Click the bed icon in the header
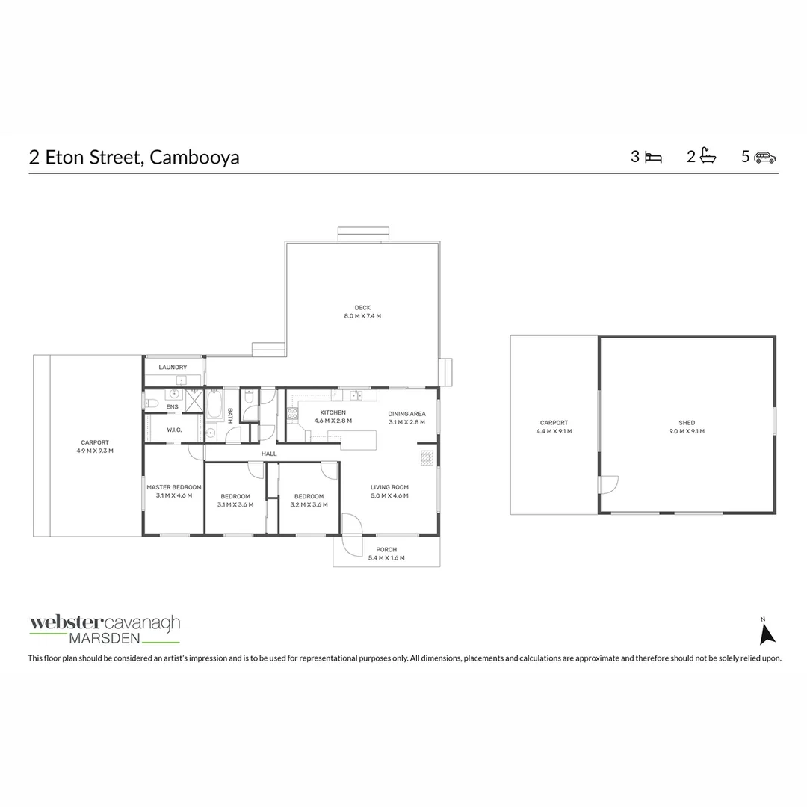coord(653,158)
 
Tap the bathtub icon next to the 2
coord(708,157)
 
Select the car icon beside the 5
coord(764,158)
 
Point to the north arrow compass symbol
coord(767,633)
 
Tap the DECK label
coord(362,308)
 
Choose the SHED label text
coord(687,423)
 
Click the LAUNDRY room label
coord(173,368)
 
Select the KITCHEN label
coord(333,412)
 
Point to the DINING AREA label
coord(406,413)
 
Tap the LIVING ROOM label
coord(389,487)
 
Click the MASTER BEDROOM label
coord(173,487)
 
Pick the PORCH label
coord(386,550)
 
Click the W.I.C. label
coord(175,430)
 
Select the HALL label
coord(269,454)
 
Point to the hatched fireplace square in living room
coord(427,457)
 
